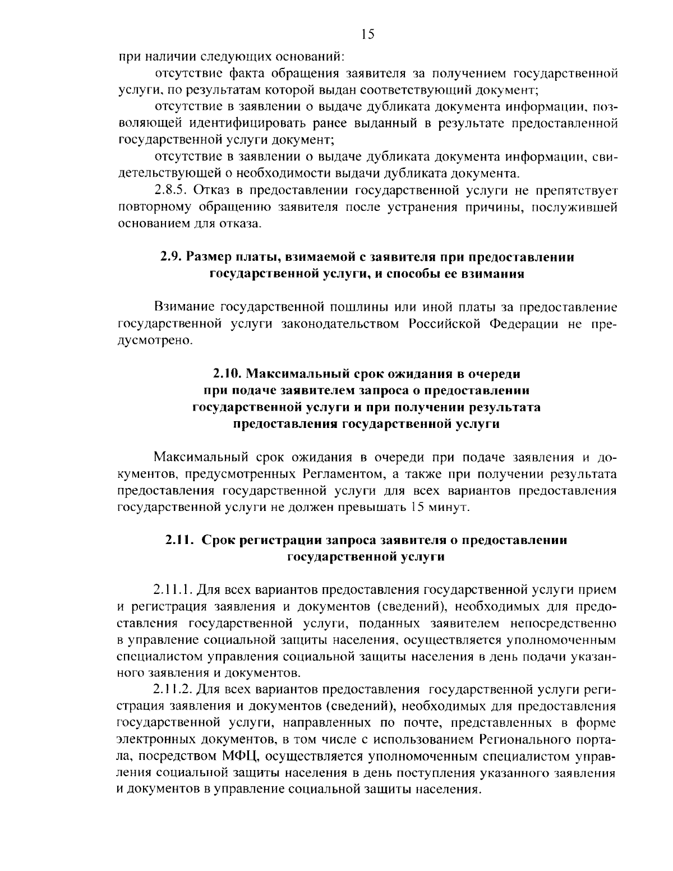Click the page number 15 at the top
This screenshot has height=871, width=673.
tap(367, 35)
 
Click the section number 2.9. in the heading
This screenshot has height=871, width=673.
tap(170, 257)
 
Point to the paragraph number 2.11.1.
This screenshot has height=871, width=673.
tap(174, 590)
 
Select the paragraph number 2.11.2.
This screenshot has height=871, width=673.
tap(174, 689)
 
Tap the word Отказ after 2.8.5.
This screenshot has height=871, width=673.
tap(216, 191)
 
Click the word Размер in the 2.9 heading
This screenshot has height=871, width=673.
tap(208, 257)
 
